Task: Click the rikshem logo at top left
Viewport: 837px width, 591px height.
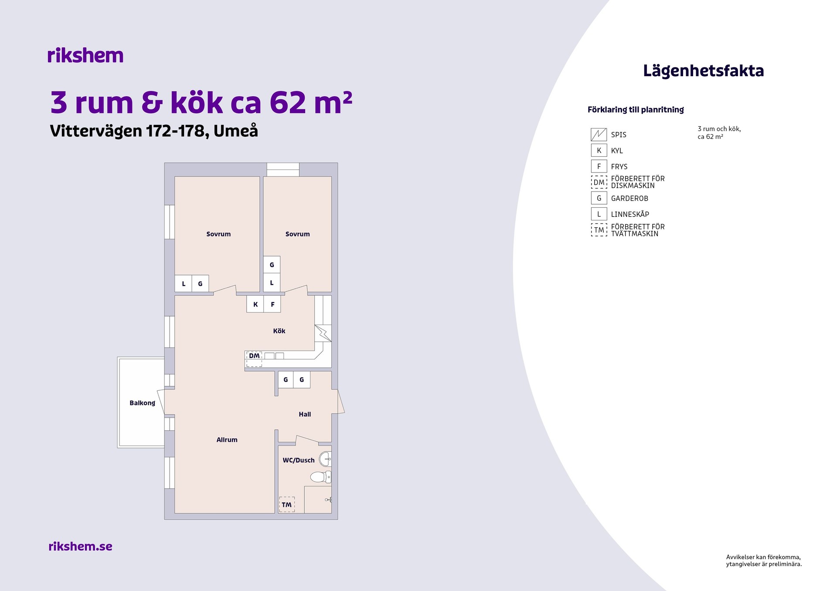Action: coord(85,55)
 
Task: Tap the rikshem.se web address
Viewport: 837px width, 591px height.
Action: coord(80,546)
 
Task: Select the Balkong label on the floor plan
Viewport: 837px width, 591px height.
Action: coord(142,403)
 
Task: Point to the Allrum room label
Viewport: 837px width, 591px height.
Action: coord(227,440)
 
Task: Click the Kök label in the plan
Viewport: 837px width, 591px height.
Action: coord(279,331)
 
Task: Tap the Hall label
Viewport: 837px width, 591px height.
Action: coord(305,414)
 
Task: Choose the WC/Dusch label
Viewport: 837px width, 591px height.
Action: coord(299,460)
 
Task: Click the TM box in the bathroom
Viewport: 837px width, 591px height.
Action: coord(287,504)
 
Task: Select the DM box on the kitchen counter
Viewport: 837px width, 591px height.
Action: coord(254,359)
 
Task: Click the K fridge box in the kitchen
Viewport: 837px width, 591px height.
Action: coord(255,304)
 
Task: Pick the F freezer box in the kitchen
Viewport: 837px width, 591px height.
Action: coord(272,304)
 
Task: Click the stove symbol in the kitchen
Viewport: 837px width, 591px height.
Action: coord(323,333)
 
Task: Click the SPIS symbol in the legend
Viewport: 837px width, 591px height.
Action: coord(599,135)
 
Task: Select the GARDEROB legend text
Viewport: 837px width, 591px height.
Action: coord(629,199)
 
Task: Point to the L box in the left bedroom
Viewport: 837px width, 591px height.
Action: coord(184,284)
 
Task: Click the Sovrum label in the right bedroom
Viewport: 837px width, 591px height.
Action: coord(298,234)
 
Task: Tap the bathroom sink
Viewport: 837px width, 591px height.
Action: coord(326,459)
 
